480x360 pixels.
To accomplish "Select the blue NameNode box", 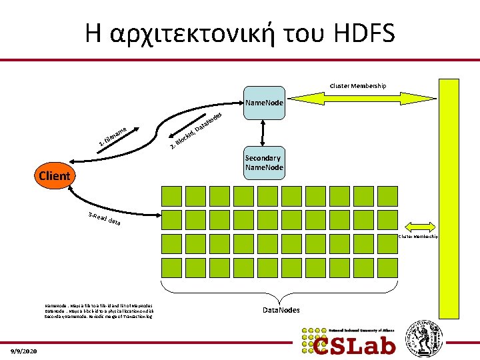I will point(264,103).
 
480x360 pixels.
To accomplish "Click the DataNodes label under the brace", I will point(281,310).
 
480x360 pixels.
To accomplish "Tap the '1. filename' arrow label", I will point(112,136).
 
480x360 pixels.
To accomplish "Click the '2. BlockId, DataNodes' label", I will point(194,129).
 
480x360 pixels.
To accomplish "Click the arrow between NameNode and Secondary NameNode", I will point(264,133).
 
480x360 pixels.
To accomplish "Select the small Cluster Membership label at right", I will point(419,237).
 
